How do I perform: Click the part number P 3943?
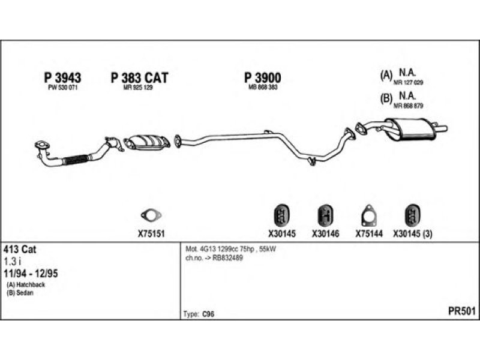click(63, 78)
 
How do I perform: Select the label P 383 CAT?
click(139, 78)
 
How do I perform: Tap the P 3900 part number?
click(263, 78)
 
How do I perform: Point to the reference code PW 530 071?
click(63, 88)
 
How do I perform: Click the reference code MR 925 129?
click(138, 88)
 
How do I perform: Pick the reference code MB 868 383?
click(263, 87)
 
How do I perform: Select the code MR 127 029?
click(408, 82)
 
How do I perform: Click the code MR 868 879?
click(408, 106)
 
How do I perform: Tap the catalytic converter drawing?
click(147, 142)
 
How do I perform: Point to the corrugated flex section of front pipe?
click(76, 160)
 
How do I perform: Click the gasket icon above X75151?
click(151, 215)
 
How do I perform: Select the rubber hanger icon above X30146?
click(325, 216)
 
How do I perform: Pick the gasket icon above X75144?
click(369, 216)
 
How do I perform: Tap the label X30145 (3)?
click(413, 234)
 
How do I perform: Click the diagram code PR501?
click(462, 311)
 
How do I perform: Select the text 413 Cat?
click(20, 250)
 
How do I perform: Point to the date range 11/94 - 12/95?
click(31, 274)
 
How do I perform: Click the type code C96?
click(208, 314)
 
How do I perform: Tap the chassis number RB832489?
click(227, 258)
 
